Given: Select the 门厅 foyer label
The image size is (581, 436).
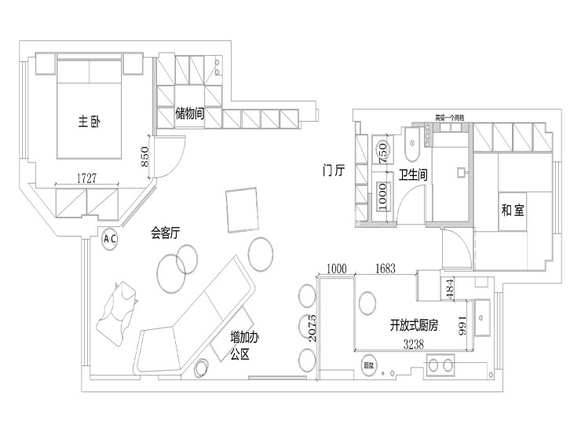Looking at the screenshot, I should coord(334,170).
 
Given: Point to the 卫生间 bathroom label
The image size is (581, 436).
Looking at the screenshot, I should coord(412,175).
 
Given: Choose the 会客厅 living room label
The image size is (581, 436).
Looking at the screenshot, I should coord(166,233).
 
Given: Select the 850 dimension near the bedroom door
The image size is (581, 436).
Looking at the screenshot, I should coord(144,159).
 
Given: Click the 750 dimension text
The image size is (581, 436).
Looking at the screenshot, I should coord(382,152).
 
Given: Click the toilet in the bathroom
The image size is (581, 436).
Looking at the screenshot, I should coord(413,147).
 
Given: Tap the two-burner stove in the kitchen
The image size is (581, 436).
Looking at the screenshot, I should coord(440,365).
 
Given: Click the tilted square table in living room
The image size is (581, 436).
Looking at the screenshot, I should coord(241,210).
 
